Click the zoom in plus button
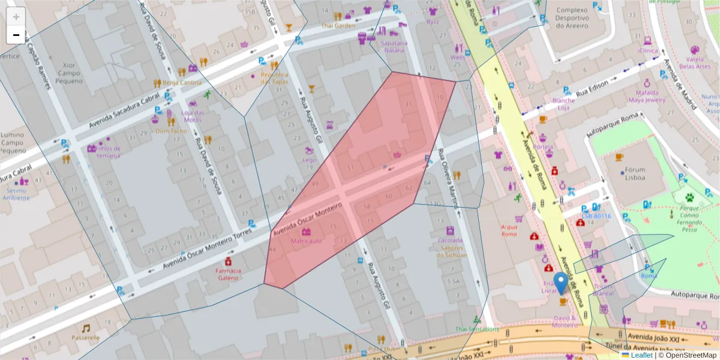[16, 17]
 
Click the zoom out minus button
[16, 35]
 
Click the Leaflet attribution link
[641, 355]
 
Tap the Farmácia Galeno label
[228, 274]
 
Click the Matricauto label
[306, 241]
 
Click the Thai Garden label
[337, 26]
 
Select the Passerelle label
[86, 337]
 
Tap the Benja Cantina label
[182, 82]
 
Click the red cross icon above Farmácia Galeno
[229, 262]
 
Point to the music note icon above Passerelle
[86, 328]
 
